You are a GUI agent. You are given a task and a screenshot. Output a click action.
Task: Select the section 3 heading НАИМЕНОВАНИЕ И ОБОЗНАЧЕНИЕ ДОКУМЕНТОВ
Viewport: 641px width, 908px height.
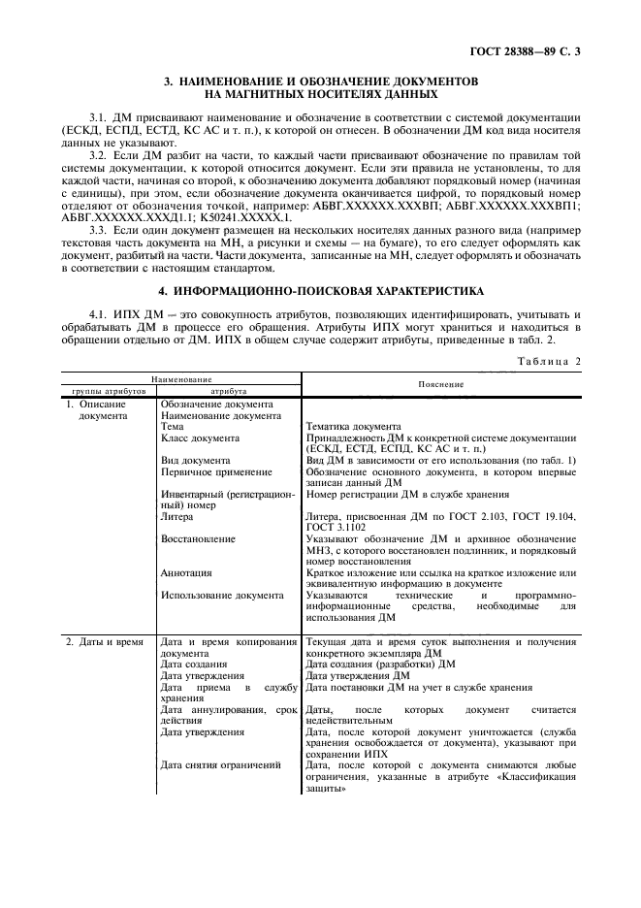coord(320,82)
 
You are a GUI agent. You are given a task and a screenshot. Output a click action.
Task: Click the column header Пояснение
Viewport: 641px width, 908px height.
coord(440,384)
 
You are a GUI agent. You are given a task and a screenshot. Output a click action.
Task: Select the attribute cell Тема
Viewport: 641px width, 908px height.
coord(174,426)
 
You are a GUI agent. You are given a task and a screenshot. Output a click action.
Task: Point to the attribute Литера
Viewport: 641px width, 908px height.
coord(176,516)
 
